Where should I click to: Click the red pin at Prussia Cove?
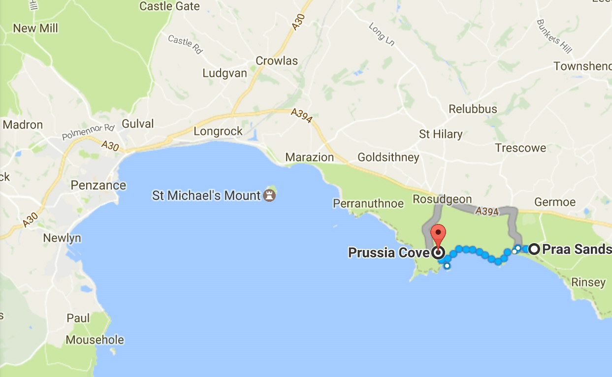point(438,234)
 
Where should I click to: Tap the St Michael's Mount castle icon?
point(269,195)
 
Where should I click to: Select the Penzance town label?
point(98,186)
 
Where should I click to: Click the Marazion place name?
point(310,157)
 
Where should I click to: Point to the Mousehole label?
point(95,340)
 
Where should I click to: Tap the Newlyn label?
point(62,238)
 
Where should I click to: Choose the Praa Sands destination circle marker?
point(534,249)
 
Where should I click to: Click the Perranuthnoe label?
point(368,203)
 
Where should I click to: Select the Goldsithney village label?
point(388,157)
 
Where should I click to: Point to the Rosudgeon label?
point(442,200)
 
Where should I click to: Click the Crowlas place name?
point(277,61)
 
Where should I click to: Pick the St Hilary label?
point(441,134)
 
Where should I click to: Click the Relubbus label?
point(473,109)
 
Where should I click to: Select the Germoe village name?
point(555,202)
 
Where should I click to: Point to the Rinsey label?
point(588,283)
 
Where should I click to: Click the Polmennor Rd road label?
point(88,132)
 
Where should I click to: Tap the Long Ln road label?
point(382,35)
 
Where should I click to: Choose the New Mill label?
point(35,28)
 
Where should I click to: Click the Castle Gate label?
point(170,6)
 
